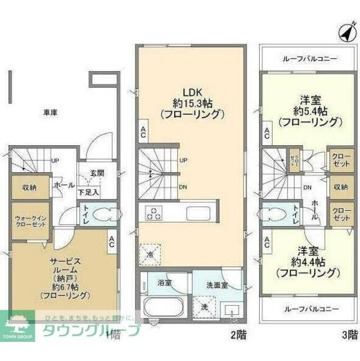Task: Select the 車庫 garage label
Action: pos(50,112)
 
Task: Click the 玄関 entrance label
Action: pos(97,173)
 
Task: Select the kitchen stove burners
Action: pos(154,213)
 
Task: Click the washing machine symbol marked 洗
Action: pos(205,307)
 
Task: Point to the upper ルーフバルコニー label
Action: pos(307,58)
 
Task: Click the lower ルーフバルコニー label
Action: pos(307,309)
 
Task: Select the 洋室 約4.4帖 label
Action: pos(310,262)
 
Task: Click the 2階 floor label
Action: pos(238,336)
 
